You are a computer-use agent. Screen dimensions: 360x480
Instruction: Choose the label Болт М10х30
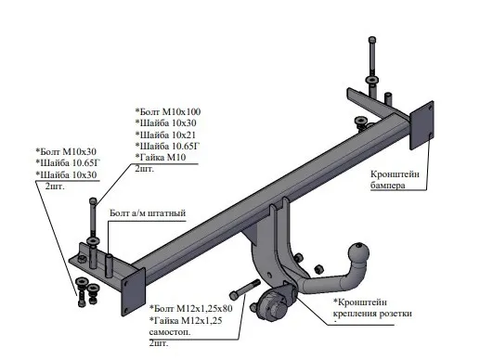(68, 150)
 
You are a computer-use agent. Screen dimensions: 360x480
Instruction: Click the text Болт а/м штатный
(148, 213)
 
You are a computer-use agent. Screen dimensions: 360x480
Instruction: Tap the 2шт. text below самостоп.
(147, 342)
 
